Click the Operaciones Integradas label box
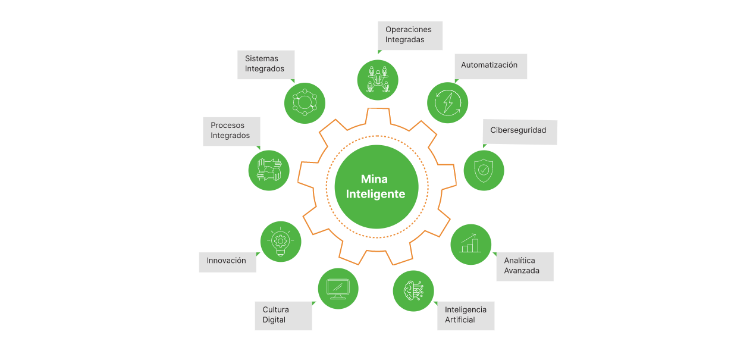tap(410, 35)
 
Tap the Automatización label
tap(490, 66)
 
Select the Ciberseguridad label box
tap(519, 131)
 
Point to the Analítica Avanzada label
tap(524, 266)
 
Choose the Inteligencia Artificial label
tap(468, 315)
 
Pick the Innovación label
tap(227, 261)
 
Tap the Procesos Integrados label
tap(232, 131)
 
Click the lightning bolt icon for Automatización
tap(447, 103)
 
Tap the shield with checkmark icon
tap(484, 170)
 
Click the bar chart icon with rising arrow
tap(470, 244)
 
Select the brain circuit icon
tap(413, 290)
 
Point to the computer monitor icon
tap(338, 289)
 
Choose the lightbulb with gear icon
tap(281, 242)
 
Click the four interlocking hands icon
tap(269, 170)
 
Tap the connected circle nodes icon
tap(305, 103)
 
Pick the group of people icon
tap(377, 79)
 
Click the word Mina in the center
tap(375, 179)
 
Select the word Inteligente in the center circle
tap(375, 195)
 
